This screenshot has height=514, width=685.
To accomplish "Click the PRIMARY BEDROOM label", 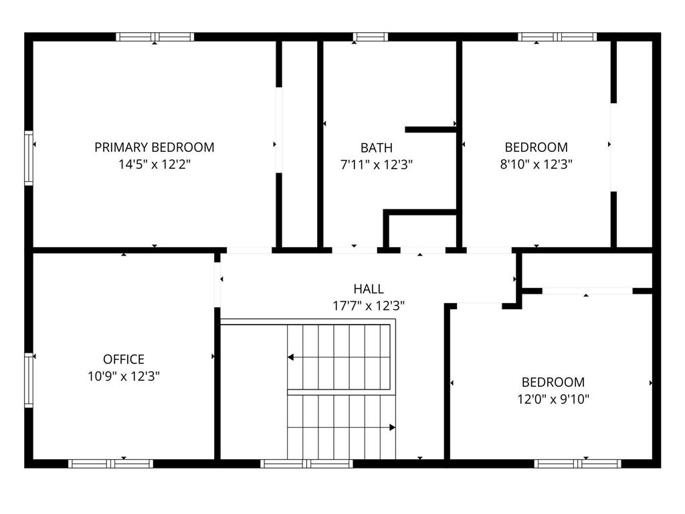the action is coord(155,147).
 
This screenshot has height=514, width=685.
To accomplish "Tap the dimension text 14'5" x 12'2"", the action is coord(155,165).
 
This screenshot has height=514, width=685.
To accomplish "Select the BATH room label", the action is coord(377,148).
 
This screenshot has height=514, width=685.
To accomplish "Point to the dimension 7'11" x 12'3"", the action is coord(377,165).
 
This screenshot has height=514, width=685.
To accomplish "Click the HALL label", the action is coord(369,289).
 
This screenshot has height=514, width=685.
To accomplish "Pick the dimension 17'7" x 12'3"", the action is coord(369,305).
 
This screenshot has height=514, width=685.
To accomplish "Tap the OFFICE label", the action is coord(124,359).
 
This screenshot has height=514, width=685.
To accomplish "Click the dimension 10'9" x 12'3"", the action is coord(124,376).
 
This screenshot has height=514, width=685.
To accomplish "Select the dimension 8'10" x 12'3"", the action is coord(536,164).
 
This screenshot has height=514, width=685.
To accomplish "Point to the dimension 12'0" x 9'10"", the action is coord(553,399).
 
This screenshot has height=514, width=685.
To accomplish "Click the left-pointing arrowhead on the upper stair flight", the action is coord(290,357).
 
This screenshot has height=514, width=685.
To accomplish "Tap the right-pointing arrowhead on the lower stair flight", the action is coord(392,428).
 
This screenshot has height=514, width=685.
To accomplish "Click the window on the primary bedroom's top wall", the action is coord(155,37).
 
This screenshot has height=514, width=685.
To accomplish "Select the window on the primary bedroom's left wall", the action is coord(29,158).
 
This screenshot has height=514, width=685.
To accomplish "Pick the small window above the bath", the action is coord(370,37).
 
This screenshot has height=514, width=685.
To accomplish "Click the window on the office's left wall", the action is coord(29,380).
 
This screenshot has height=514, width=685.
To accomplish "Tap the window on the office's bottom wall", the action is coord(110,464).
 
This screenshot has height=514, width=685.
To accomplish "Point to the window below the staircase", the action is coord(306,464).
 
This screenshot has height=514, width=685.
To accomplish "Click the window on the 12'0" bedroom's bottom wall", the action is coord(577,464).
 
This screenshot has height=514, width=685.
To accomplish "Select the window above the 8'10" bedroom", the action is coord(557,37).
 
